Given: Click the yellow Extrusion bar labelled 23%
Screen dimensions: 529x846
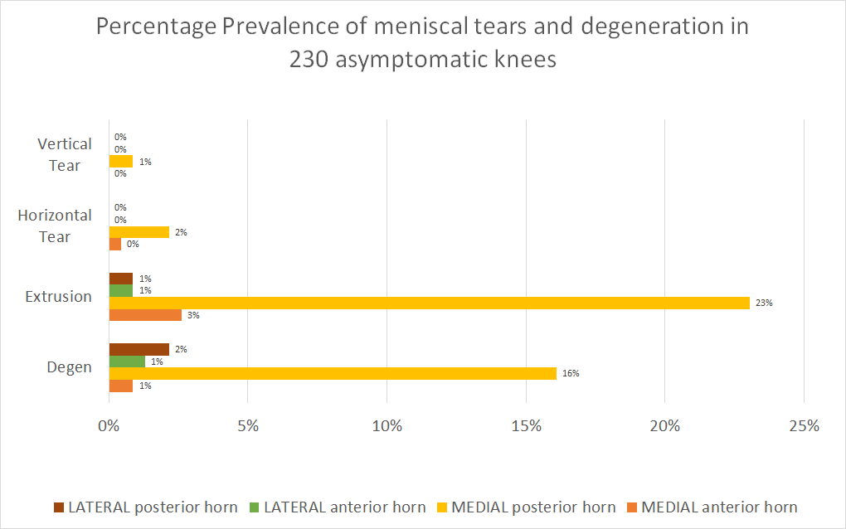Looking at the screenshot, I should pos(429,303).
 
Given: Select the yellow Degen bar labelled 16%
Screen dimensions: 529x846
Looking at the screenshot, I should pos(333,373).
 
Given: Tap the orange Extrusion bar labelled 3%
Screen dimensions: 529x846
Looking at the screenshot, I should pos(145,315).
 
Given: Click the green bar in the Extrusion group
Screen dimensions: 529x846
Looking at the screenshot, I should pos(121,291).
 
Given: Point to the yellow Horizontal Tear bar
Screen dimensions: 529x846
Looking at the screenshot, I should pos(139,232).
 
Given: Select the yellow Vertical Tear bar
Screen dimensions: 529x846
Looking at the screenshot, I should pos(121,162).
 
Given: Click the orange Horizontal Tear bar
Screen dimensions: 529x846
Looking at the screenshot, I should pos(115,244).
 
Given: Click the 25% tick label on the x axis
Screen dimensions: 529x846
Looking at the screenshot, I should pos(804,426).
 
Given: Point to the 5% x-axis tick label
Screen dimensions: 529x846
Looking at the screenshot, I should pos(248,426).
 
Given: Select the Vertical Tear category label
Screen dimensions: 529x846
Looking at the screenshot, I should pos(65,154).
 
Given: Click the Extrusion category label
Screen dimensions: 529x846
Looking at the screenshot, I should pos(58,296).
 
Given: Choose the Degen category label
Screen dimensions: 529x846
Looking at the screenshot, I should pos(70,366).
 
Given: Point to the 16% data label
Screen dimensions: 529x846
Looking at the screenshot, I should pos(570,373).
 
